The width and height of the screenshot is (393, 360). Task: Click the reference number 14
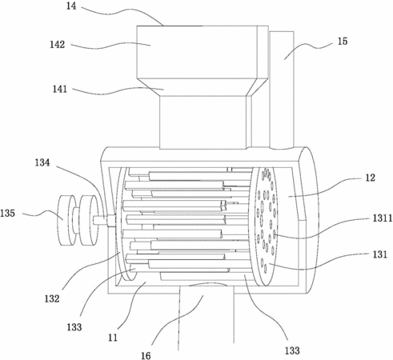coord(71,6)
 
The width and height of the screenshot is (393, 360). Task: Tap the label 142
coord(58,44)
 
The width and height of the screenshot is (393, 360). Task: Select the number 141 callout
coord(59,89)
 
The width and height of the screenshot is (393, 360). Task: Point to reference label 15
coord(343,42)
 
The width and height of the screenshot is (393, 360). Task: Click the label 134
coord(42,162)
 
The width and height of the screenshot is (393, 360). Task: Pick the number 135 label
coord(7,214)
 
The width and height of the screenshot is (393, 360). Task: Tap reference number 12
coord(370,178)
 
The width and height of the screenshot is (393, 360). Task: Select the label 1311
coord(383,218)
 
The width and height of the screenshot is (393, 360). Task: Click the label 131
coord(380,254)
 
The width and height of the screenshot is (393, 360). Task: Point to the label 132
coord(52,298)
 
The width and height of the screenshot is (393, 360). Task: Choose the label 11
coord(113,338)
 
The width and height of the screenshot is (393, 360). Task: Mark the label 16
coord(146,355)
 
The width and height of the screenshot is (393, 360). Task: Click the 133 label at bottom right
coord(292,350)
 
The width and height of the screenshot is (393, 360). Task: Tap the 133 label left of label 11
coord(74,327)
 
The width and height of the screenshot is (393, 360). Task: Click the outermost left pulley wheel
coord(66,220)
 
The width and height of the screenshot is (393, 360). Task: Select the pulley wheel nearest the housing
coord(89,220)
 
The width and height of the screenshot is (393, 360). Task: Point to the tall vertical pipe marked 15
coord(282,90)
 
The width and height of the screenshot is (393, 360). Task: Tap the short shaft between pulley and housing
coord(104,221)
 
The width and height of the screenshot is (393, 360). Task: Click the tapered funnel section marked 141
coord(202,87)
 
